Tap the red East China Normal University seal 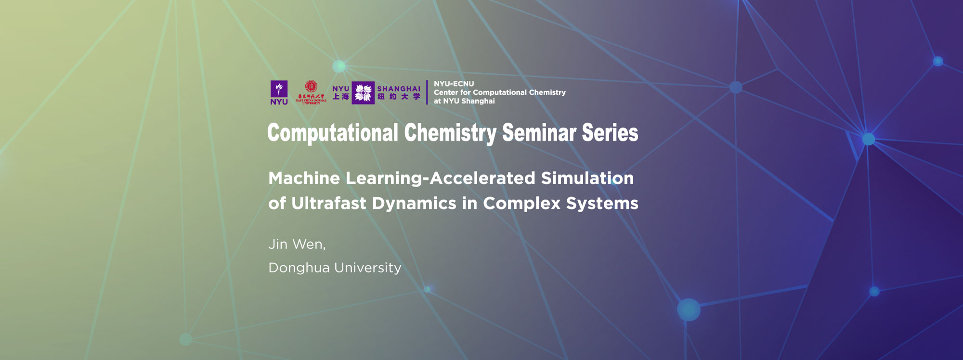(311, 87)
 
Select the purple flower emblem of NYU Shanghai (363, 92)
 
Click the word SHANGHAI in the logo (399, 89)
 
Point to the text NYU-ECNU (454, 84)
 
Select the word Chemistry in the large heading (450, 133)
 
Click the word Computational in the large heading (333, 133)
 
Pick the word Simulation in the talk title (587, 178)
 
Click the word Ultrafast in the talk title (329, 203)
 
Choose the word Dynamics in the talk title (414, 203)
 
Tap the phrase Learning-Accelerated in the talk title (441, 178)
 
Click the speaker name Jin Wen (297, 244)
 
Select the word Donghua (299, 268)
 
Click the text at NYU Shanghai (464, 101)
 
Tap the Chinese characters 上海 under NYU (341, 97)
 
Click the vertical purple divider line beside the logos (427, 92)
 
